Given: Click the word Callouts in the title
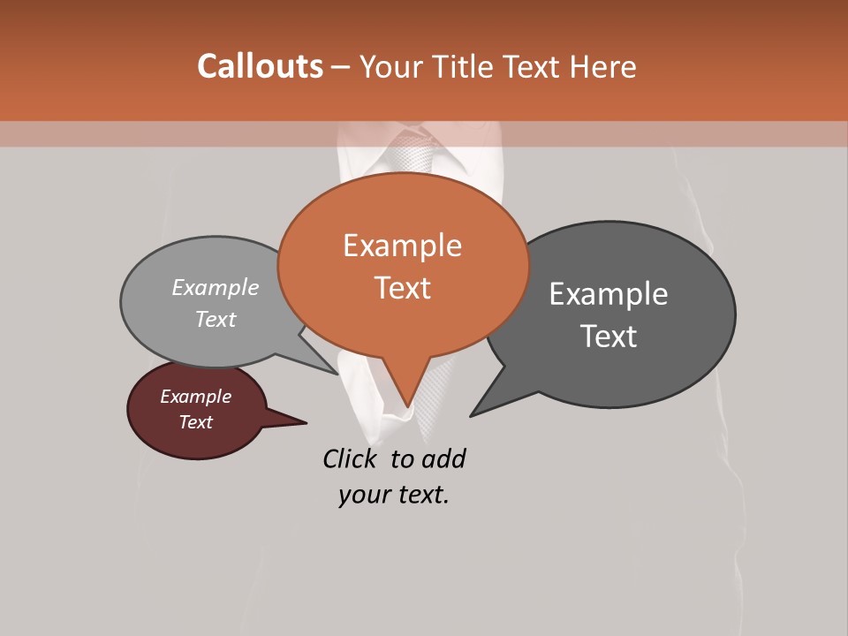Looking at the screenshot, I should (x=260, y=66).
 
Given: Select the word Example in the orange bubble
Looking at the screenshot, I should (x=402, y=246).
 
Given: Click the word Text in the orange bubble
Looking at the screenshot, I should (x=403, y=288).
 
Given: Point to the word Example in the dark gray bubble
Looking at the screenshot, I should (x=609, y=294).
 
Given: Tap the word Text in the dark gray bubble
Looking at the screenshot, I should (x=609, y=337).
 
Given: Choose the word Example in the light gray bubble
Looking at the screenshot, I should (x=216, y=288).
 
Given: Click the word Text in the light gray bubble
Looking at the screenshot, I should (x=216, y=320).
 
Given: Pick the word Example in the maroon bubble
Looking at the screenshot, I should (x=195, y=397).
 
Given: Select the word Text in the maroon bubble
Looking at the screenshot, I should (x=195, y=422).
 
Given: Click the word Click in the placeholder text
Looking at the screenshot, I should (x=351, y=458).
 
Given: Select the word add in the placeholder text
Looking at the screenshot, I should (x=443, y=458).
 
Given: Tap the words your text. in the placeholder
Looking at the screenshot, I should (x=394, y=495).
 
